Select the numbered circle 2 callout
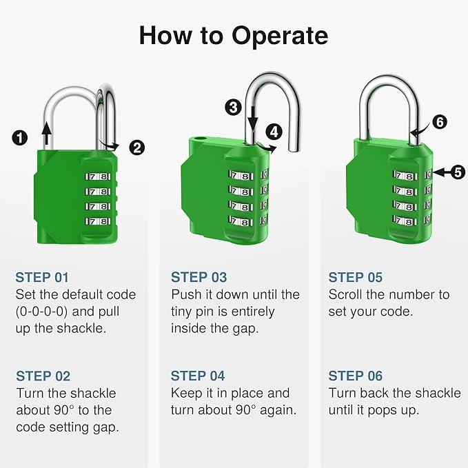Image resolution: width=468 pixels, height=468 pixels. click(137, 147)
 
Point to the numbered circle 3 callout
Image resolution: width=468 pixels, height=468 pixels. click(233, 107)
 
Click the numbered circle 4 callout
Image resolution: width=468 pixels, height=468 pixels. click(274, 131)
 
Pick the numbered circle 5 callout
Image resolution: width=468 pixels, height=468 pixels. click(458, 172)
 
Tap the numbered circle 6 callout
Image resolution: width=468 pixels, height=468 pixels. click(439, 122)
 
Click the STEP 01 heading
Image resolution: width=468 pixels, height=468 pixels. click(43, 277)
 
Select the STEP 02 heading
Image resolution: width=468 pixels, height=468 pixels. click(43, 376)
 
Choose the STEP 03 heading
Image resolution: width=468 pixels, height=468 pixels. click(199, 277)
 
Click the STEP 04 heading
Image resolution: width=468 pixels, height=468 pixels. click(199, 376)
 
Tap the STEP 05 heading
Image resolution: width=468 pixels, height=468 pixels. click(355, 277)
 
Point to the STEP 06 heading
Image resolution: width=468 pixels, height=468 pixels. click(356, 376)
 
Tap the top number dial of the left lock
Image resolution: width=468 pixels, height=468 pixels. click(97, 176)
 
